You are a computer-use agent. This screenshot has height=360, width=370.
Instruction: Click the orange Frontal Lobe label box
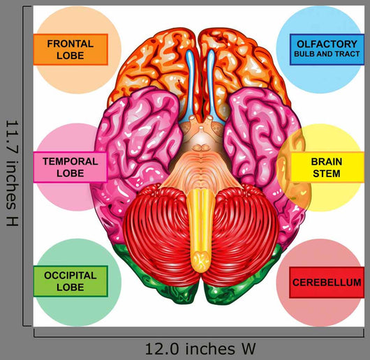[x=71, y=50]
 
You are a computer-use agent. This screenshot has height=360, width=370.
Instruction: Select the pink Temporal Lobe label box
[x=71, y=167]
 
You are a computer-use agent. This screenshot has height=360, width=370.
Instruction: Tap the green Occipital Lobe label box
[x=71, y=281]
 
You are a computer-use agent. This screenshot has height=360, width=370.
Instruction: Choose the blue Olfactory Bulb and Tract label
[x=327, y=50]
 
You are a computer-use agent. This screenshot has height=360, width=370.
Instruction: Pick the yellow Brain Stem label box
[x=327, y=167]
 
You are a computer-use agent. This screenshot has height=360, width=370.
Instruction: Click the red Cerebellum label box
[x=327, y=283]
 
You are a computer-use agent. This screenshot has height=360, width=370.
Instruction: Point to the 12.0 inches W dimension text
[x=200, y=349]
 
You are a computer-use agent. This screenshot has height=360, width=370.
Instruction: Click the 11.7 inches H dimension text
[x=12, y=173]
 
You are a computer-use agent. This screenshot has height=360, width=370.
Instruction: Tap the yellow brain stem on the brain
[x=200, y=230]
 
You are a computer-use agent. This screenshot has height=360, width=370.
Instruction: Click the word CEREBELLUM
[x=327, y=283]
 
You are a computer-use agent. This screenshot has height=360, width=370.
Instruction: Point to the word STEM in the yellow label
[x=327, y=174]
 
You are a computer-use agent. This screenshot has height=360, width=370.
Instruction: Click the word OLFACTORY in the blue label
[x=327, y=44]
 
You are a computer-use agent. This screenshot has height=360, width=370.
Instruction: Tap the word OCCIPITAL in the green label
[x=71, y=276]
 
